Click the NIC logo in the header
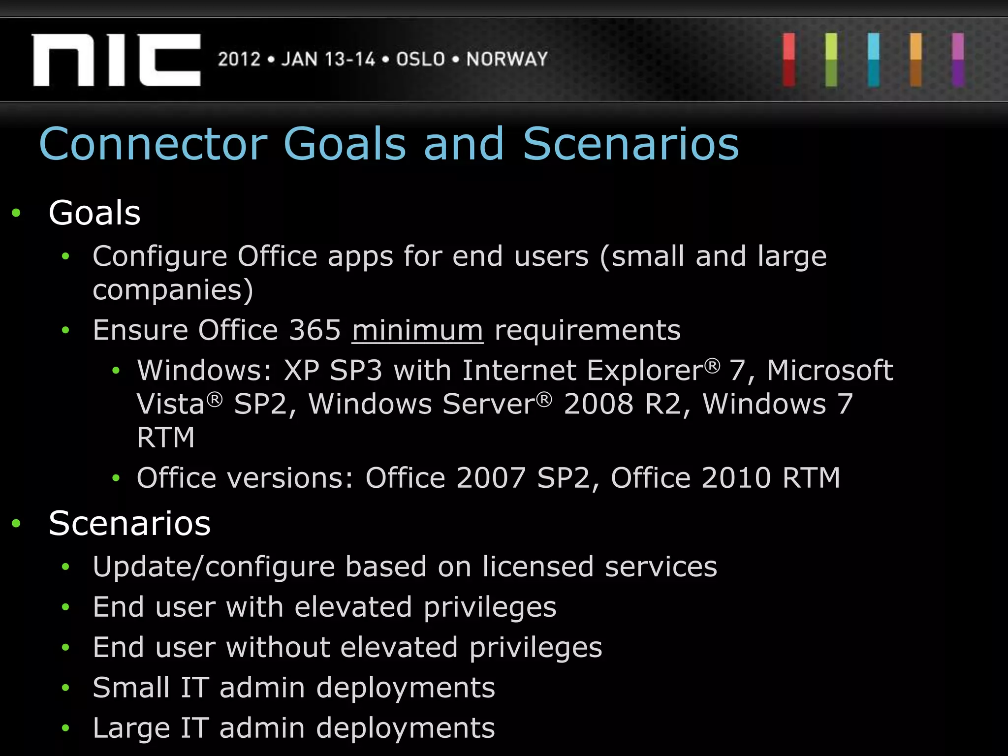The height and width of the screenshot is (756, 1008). point(117,60)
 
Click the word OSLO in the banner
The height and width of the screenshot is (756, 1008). point(420,59)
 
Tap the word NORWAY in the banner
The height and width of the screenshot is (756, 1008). point(507,59)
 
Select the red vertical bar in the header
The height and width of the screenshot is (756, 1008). point(789,60)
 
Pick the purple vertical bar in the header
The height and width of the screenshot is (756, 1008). point(958,60)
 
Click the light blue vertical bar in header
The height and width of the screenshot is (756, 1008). point(874,60)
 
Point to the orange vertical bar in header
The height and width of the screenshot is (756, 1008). point(915,60)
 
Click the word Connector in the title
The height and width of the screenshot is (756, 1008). point(153,144)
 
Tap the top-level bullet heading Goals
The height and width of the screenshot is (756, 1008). point(94,213)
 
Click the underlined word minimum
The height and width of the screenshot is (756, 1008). point(417,330)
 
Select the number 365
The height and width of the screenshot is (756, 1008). point(315,330)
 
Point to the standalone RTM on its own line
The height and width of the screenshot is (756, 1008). point(166,437)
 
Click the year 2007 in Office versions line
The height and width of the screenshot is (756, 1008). point(491,477)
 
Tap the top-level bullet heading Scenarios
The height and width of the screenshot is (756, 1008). point(129,523)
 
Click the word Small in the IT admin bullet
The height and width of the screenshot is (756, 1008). point(131,687)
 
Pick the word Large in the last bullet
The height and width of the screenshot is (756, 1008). point(131,728)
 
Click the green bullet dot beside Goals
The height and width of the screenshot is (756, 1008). point(16,213)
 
